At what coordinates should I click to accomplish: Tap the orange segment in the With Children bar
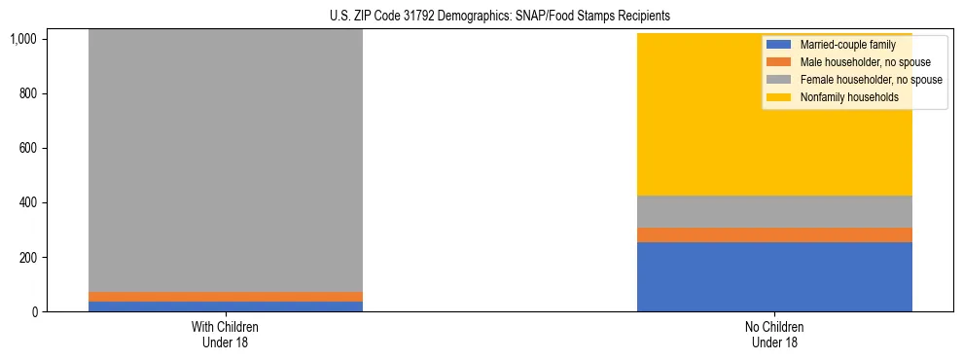(x=225, y=296)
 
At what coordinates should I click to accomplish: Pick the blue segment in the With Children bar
(x=225, y=306)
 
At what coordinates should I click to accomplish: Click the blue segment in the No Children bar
(x=774, y=276)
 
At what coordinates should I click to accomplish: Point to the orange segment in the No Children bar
(x=774, y=234)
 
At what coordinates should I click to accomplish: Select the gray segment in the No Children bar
(x=774, y=211)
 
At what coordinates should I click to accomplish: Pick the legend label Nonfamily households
(x=843, y=97)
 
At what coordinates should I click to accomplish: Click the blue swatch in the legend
(x=779, y=45)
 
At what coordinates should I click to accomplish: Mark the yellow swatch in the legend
(x=779, y=97)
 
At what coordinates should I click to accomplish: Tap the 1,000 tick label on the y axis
(x=22, y=40)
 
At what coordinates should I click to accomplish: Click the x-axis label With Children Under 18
(x=225, y=335)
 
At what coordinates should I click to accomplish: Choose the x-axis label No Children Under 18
(x=774, y=335)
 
